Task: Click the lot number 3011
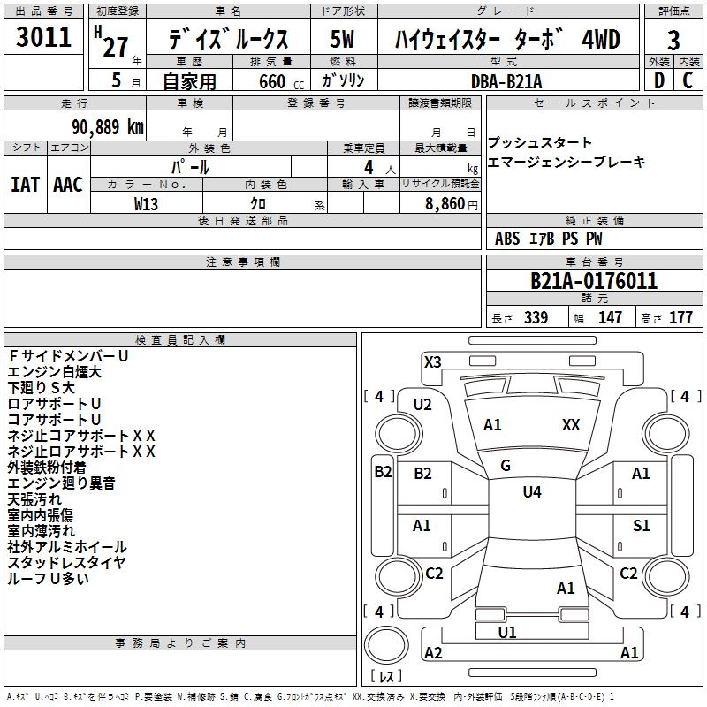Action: tap(43, 38)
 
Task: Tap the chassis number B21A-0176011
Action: tap(593, 282)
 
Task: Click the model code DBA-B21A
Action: tap(508, 80)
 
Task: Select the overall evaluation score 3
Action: tap(673, 41)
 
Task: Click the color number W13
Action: tap(147, 203)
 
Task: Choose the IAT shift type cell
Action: tap(25, 185)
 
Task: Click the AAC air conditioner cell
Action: tap(68, 185)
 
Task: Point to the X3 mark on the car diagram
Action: tap(433, 361)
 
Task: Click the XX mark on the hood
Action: tap(571, 425)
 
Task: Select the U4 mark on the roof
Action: tap(532, 492)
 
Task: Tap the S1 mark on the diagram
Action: tap(642, 526)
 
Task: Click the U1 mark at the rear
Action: tap(507, 633)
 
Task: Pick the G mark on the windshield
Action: tap(506, 466)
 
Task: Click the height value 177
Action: tap(680, 318)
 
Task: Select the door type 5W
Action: tap(343, 40)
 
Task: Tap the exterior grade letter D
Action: tap(658, 80)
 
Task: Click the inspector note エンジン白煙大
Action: tap(55, 372)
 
